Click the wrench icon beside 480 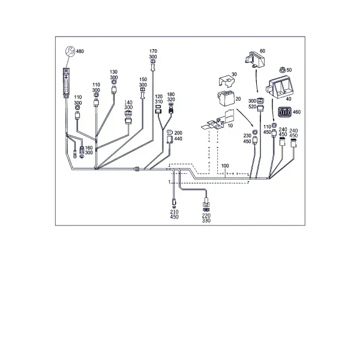point(70,51)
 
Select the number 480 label point(80,51)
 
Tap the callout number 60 point(262,51)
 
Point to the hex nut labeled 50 point(282,70)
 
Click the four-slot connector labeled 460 point(284,112)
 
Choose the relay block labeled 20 point(226,98)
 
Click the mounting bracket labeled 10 point(217,121)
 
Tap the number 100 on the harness point(225,166)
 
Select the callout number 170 point(153,51)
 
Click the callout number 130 point(113,72)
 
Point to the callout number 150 point(143,79)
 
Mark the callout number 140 point(128,103)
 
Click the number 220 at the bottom point(206,215)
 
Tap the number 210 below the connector point(174,212)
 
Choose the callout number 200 point(178,133)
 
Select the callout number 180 point(171,95)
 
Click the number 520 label point(253,107)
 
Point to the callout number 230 point(247,136)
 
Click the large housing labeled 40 point(280,88)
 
